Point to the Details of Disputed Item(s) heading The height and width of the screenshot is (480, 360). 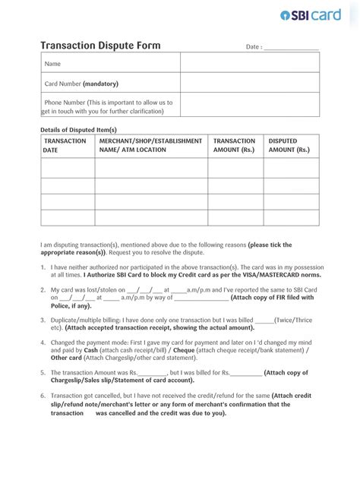coord(78,130)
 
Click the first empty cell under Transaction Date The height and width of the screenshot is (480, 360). coord(67,168)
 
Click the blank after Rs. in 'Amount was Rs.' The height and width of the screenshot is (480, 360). coord(153,374)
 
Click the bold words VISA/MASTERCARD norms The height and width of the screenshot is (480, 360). coord(267,276)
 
